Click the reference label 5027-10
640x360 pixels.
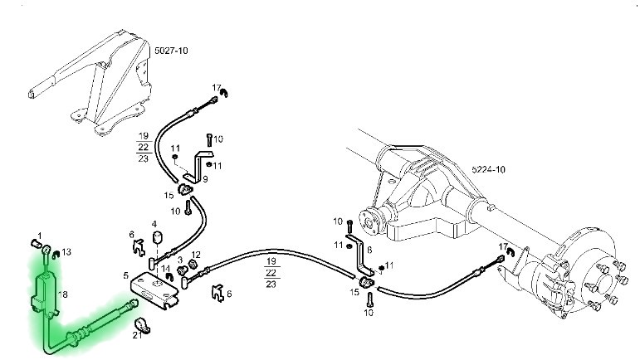(172, 51)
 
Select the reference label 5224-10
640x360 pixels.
(490, 169)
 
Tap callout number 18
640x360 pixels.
(41, 294)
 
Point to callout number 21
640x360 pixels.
(137, 335)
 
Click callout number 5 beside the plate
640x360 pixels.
(125, 275)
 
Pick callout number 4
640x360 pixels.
(154, 224)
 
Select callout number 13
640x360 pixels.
(67, 251)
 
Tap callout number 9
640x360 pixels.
(205, 179)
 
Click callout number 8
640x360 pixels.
(369, 249)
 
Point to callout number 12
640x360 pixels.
(196, 255)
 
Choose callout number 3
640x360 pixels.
(179, 260)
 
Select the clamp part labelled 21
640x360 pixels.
(141, 322)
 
